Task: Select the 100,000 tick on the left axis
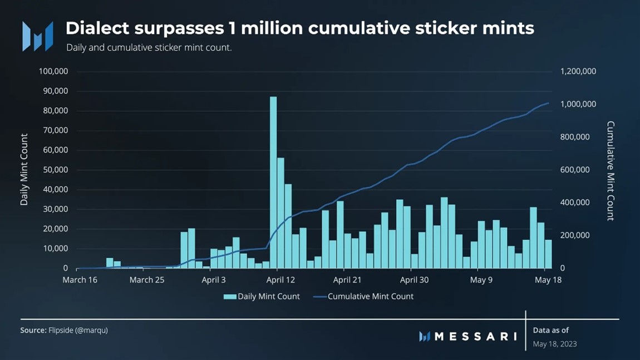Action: click(53, 71)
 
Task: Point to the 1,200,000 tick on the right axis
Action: click(578, 71)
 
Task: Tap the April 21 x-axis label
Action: click(347, 280)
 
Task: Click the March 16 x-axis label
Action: click(80, 280)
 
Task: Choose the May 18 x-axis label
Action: click(548, 280)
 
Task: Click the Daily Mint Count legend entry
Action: click(262, 297)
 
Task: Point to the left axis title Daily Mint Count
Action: click(24, 170)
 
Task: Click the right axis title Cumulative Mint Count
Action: click(610, 171)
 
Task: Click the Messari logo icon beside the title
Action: click(37, 36)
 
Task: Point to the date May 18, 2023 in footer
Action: click(554, 344)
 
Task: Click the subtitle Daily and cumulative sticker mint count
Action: click(149, 48)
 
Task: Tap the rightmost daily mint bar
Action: click(548, 254)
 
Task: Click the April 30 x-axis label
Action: click(415, 280)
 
